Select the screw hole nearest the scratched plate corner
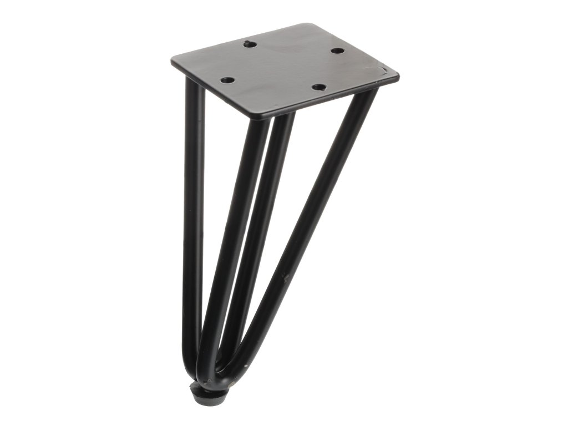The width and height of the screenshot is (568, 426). pyautogui.click(x=337, y=51)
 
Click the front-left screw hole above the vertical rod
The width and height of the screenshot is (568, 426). pyautogui.click(x=227, y=80)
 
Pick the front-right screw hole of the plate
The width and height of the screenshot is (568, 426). pyautogui.click(x=318, y=87)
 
